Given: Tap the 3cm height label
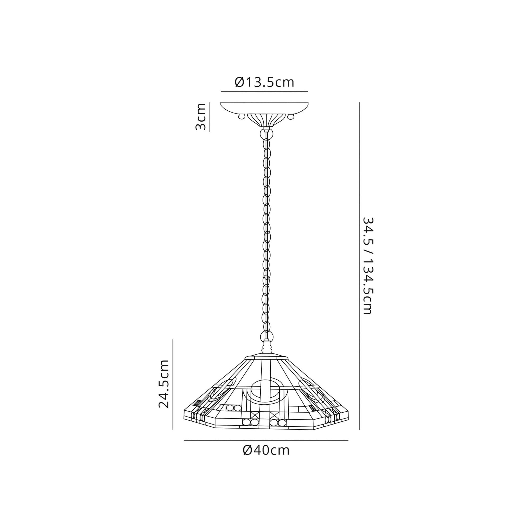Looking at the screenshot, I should pyautogui.click(x=201, y=117).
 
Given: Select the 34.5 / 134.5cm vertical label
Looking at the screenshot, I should pyautogui.click(x=368, y=266).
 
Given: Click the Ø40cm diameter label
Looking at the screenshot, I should pyautogui.click(x=266, y=451).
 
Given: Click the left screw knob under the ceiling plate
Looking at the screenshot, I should pyautogui.click(x=242, y=117).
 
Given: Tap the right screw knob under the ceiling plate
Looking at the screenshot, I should pyautogui.click(x=290, y=117).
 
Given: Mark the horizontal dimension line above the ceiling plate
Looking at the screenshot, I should pyautogui.click(x=264, y=91).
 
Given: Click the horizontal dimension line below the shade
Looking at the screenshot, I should pyautogui.click(x=266, y=440).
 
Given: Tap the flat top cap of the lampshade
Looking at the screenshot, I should pyautogui.click(x=266, y=357).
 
